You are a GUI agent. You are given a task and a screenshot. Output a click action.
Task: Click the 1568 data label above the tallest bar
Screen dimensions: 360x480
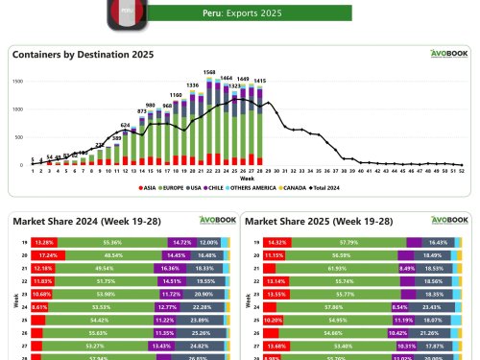tap(209, 72)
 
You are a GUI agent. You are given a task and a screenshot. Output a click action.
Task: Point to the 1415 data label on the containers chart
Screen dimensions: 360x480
tap(259, 81)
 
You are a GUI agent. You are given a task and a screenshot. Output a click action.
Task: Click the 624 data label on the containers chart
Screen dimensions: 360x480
tap(125, 125)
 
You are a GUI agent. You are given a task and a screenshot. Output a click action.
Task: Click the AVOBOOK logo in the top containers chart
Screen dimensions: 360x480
tap(446, 54)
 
